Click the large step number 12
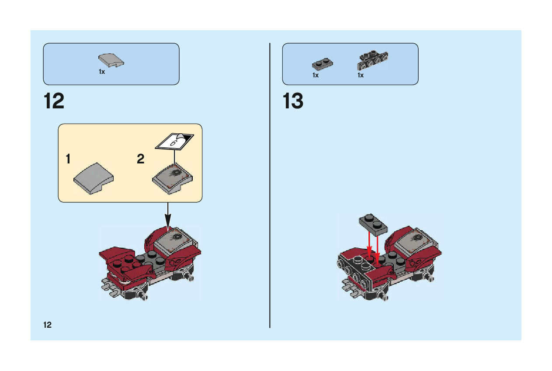54,101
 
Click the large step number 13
293,101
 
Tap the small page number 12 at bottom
47,325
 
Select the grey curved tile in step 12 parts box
111,61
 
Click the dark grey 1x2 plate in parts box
322,64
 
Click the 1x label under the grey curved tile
102,72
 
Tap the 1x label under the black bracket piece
361,75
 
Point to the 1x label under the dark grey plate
316,75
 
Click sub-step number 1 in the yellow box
68,159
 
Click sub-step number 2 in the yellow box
140,159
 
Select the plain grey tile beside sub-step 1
94,178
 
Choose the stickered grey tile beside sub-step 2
173,178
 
